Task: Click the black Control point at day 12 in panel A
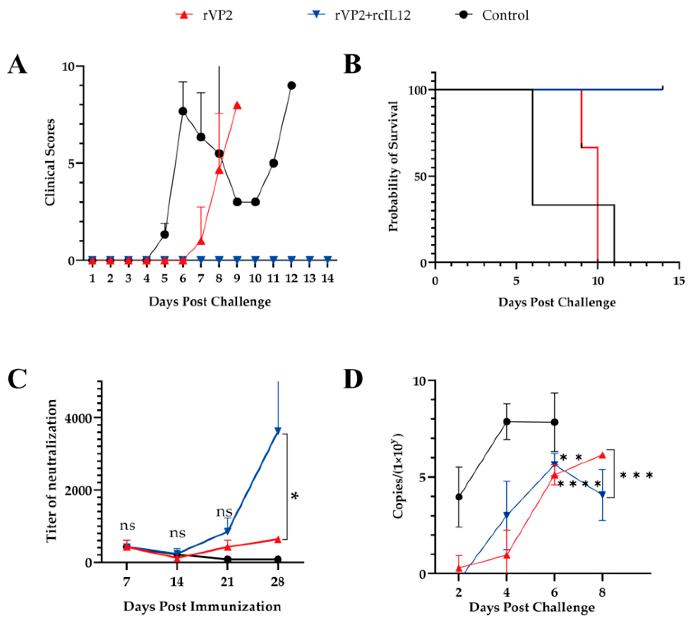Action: coord(291,85)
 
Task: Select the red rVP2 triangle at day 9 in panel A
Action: coord(237,106)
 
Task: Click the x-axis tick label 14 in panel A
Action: coord(327,279)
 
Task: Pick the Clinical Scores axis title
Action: coord(50,162)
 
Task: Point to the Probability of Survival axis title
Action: coord(393,166)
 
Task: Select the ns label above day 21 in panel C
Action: coord(224,511)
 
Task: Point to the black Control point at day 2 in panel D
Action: coord(459,497)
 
